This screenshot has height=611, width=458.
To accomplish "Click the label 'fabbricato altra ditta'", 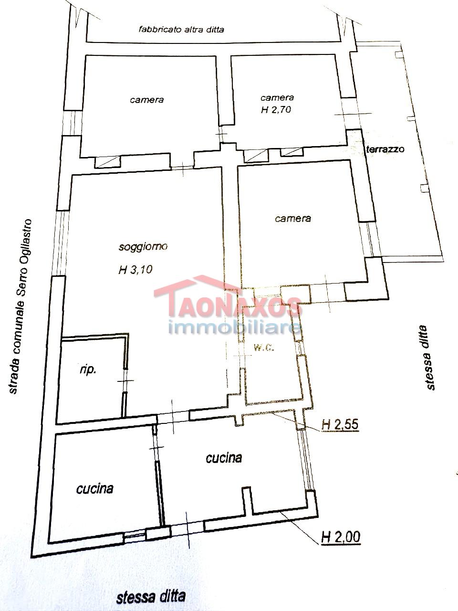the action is tap(181, 29).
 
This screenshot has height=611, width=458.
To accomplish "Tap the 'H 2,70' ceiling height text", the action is tap(276, 109).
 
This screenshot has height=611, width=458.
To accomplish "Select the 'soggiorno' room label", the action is tap(143, 247).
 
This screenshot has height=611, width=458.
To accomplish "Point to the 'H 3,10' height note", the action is tap(135, 269).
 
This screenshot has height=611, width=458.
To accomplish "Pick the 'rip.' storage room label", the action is tap(88, 370).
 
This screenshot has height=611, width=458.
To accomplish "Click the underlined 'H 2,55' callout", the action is tap(340, 425).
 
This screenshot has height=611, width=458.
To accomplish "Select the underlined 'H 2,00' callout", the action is tap(341, 536).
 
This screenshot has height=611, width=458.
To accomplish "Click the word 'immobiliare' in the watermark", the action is tap(235, 328).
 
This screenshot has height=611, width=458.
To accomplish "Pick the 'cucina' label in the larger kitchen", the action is tap(224, 458).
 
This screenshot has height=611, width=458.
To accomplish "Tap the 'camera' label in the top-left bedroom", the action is tap(146, 100).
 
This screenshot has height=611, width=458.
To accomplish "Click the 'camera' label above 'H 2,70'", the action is tap(277, 97).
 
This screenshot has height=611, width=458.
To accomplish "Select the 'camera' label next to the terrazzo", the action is tap(293, 218).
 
